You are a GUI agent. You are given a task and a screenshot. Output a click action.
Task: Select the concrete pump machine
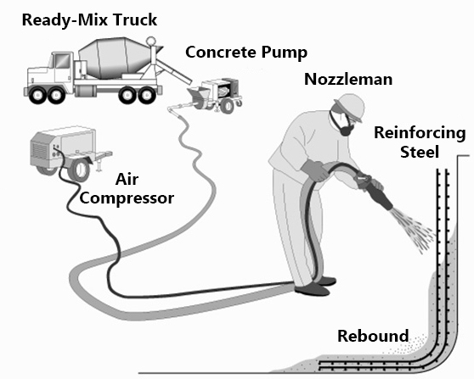click(x=217, y=92)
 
